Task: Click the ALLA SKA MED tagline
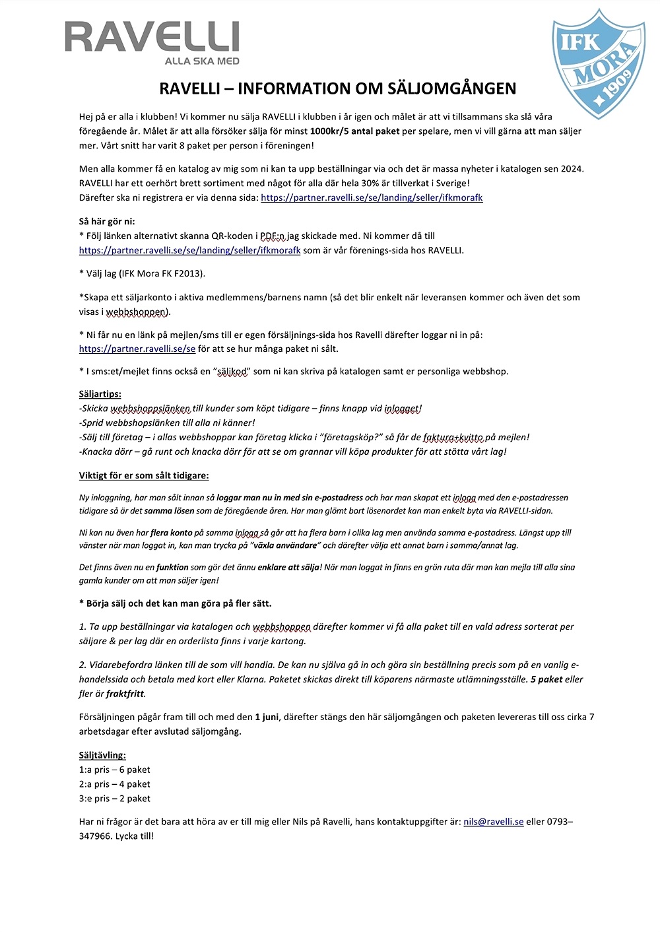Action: [x=202, y=61]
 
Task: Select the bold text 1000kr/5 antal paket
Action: [x=354, y=131]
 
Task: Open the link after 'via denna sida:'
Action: [x=372, y=197]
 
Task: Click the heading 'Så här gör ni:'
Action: [x=107, y=221]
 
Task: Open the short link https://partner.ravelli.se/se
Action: [x=137, y=349]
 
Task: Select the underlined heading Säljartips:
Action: [x=100, y=394]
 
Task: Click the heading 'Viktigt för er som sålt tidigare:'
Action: [x=144, y=475]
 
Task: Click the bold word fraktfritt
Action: [x=125, y=694]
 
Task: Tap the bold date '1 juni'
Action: [x=267, y=717]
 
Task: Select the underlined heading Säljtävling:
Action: [x=102, y=755]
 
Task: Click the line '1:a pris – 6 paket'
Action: [x=115, y=770]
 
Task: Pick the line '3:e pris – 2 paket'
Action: [x=115, y=799]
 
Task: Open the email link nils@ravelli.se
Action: [x=493, y=822]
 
